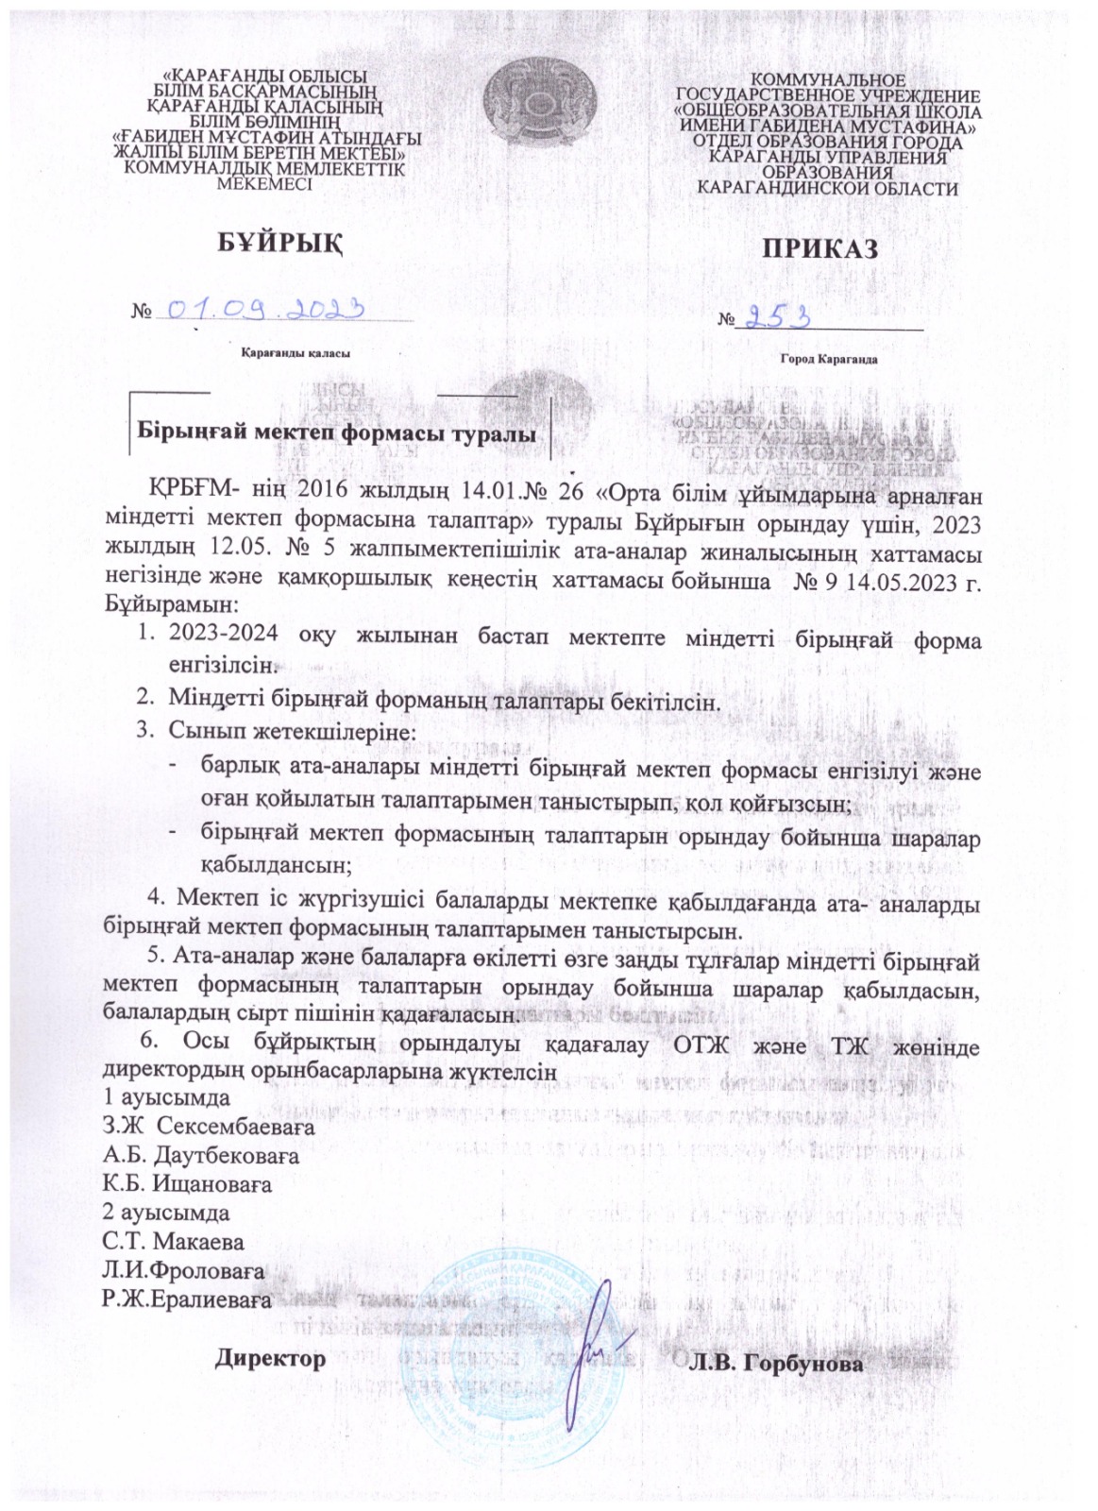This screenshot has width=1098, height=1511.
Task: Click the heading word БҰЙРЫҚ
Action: pos(273,242)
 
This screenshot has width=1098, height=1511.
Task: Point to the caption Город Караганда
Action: pos(828,361)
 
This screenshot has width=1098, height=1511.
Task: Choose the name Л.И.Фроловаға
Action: pos(183,1269)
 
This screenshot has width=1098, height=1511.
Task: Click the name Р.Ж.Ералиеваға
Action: pos(187,1299)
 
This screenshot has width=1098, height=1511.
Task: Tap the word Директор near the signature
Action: pos(271,1359)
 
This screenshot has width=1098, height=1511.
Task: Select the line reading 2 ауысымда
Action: pos(165,1211)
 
